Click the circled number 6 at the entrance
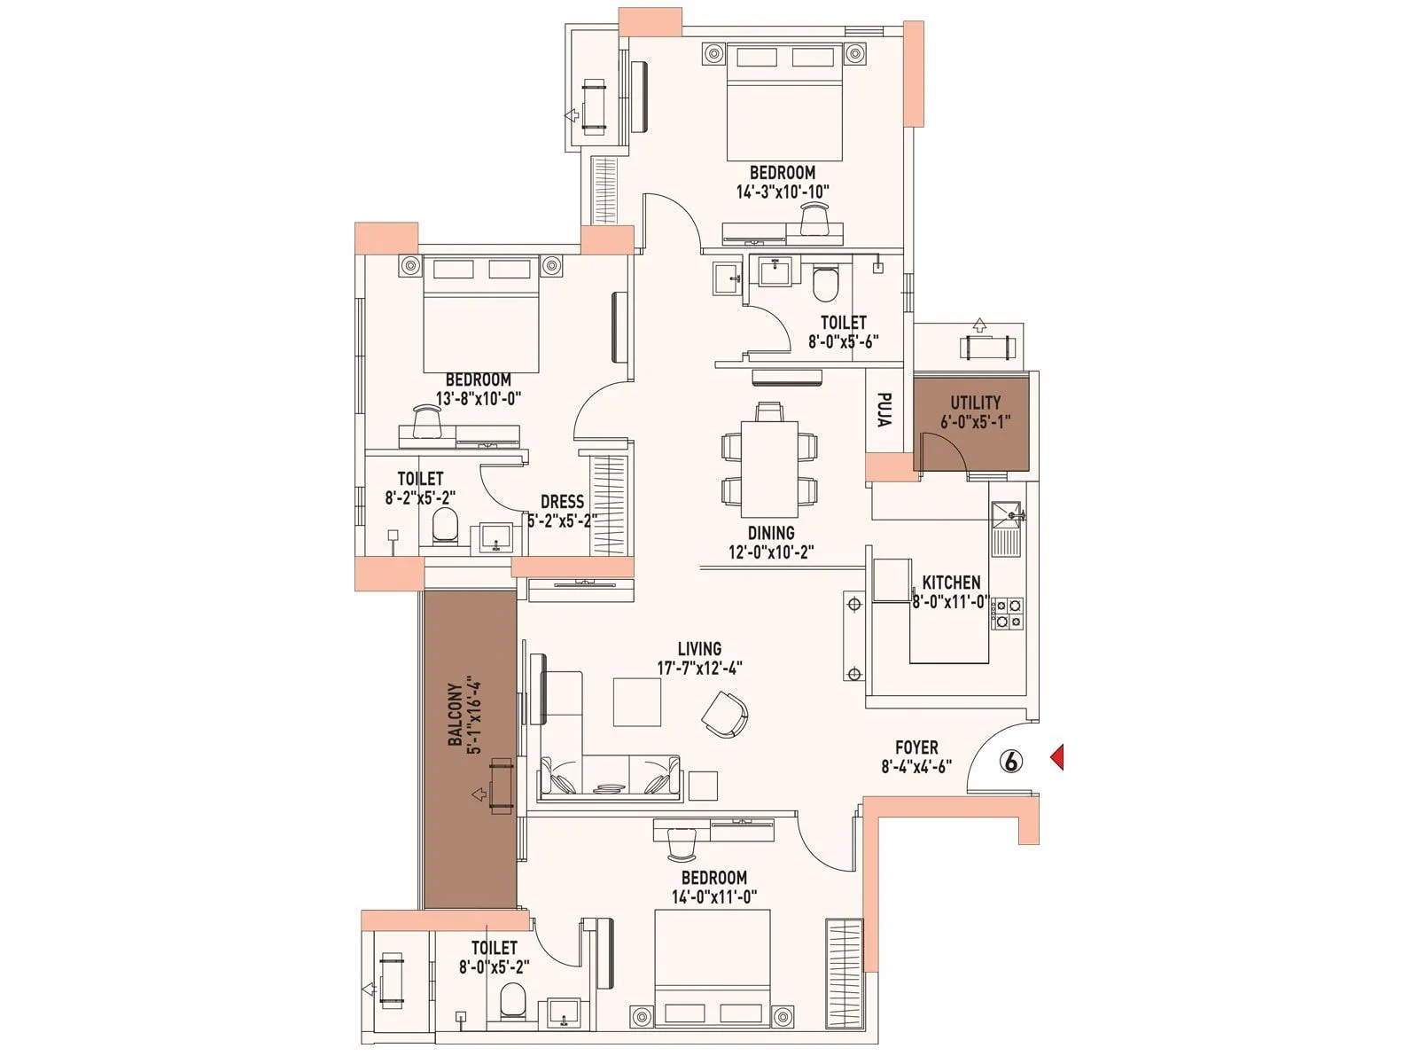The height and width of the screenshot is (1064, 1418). [x=1011, y=761]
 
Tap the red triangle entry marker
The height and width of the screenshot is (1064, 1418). [x=1056, y=757]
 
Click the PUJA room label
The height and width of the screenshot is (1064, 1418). [x=884, y=410]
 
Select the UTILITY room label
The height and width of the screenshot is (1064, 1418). [x=976, y=402]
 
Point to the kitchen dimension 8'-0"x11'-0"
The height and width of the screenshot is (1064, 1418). [x=951, y=602]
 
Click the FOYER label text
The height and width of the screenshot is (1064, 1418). [x=916, y=747]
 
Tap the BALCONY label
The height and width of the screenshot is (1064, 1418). [x=455, y=714]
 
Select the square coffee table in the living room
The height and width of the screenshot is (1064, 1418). [x=637, y=701]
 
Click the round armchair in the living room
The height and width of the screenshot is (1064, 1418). [x=726, y=714]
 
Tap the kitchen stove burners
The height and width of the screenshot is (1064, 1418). [x=1009, y=614]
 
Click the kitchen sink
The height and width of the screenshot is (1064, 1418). [x=1007, y=513]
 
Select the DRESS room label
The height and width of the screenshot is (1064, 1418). [x=562, y=502]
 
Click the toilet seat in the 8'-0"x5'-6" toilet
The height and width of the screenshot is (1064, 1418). [x=825, y=284]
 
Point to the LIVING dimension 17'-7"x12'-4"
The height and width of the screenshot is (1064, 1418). [x=699, y=668]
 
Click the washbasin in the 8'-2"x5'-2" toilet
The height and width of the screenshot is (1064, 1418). [x=496, y=537]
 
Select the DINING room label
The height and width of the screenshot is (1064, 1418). [x=771, y=533]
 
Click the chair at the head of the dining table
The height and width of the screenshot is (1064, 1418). [x=769, y=411]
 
